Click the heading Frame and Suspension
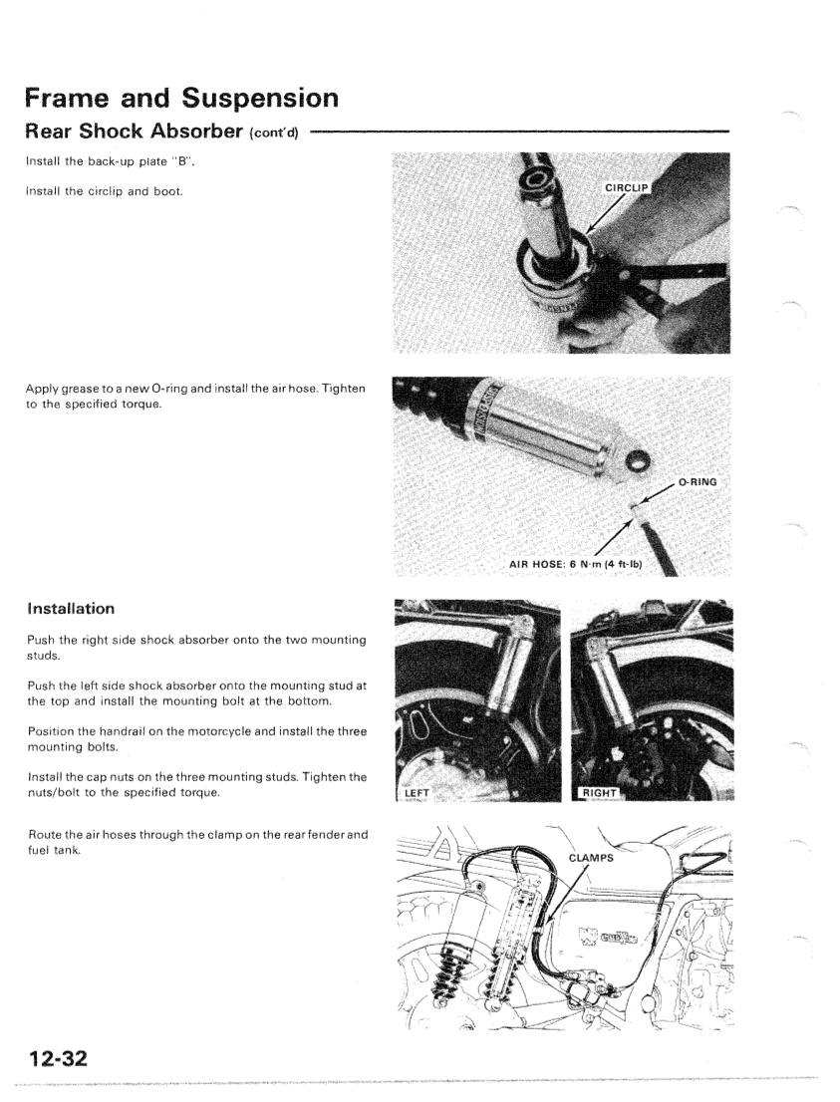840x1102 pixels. [182, 100]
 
